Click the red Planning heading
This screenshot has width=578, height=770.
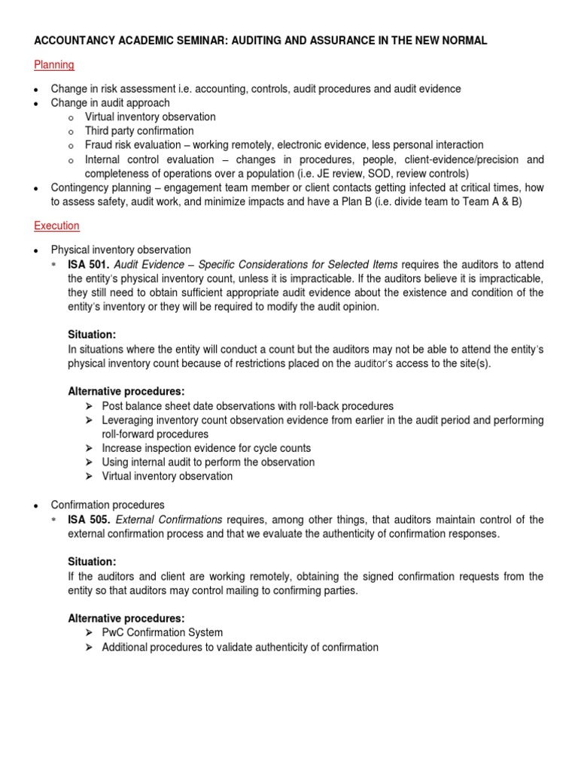point(54,65)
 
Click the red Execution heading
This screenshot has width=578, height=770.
point(56,226)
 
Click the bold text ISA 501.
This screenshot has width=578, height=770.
point(88,265)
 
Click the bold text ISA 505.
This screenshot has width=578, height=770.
point(88,520)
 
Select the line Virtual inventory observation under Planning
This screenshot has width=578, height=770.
point(150,117)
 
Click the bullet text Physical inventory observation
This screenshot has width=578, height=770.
point(120,250)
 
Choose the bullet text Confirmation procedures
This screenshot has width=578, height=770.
point(107,505)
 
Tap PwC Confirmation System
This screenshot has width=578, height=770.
point(162,632)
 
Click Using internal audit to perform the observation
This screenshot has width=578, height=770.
point(208,462)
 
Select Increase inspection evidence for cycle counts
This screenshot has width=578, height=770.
point(206,448)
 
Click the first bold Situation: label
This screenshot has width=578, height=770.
point(92,335)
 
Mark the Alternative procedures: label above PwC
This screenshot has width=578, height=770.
point(126,618)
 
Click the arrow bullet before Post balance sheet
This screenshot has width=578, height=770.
point(89,406)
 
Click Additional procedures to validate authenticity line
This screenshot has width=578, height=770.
point(240,647)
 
